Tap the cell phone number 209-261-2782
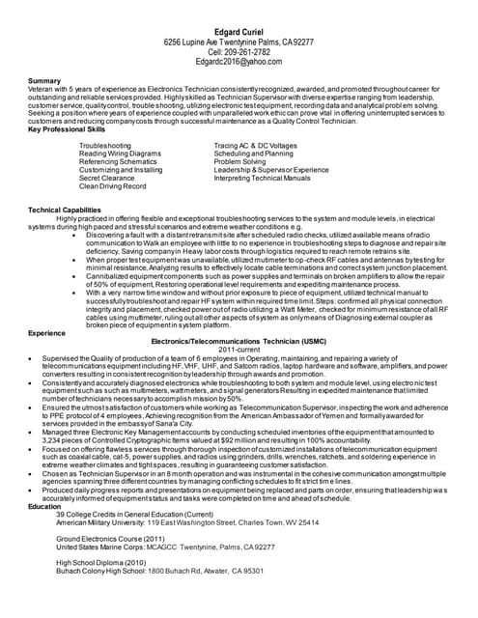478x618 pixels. tap(239, 52)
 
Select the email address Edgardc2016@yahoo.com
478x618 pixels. tap(239, 62)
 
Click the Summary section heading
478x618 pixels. tap(44, 80)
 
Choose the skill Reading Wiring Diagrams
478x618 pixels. tap(120, 154)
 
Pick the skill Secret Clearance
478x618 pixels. tap(106, 178)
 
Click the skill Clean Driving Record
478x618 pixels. tap(112, 186)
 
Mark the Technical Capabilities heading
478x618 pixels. tap(64, 210)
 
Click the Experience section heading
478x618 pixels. tap(47, 332)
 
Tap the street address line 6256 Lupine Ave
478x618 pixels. tap(239, 42)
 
